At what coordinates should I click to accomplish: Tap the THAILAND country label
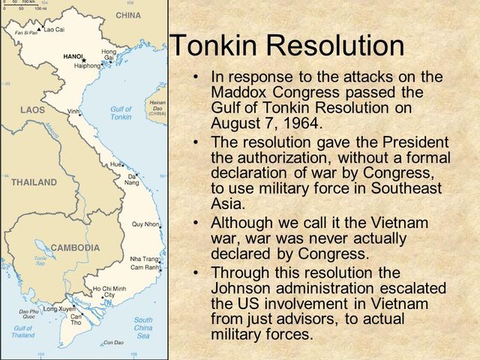(x=34, y=182)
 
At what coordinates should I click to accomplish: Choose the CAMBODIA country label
(x=75, y=247)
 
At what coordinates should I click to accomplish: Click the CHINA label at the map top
(x=127, y=15)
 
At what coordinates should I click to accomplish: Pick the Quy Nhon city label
(x=145, y=224)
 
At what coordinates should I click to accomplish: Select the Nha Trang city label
(x=144, y=259)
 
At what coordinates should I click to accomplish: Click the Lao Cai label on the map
(x=53, y=29)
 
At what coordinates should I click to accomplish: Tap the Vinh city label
(x=73, y=111)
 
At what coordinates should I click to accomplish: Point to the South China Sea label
(x=143, y=328)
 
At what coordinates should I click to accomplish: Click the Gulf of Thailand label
(x=22, y=331)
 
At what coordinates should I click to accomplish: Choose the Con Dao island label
(x=113, y=343)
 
